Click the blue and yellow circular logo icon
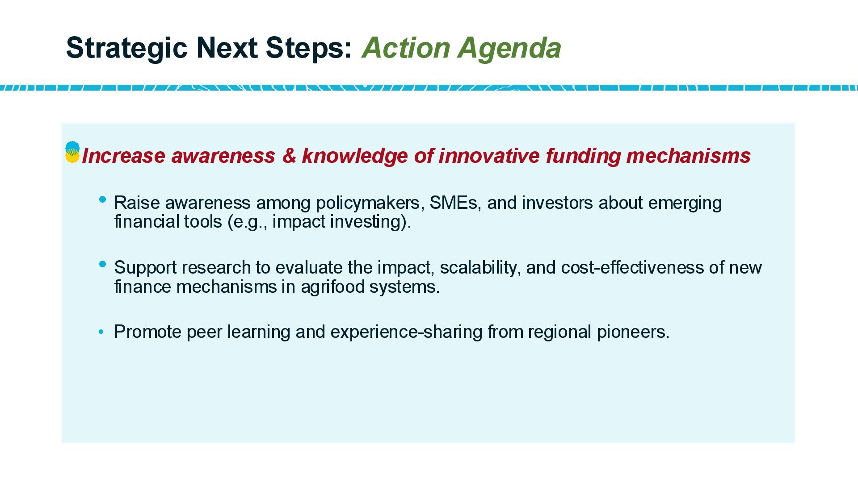72,152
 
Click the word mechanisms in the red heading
688,156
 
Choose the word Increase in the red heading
123,156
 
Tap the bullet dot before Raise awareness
103,199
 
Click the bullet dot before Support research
103,264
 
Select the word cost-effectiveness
632,267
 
